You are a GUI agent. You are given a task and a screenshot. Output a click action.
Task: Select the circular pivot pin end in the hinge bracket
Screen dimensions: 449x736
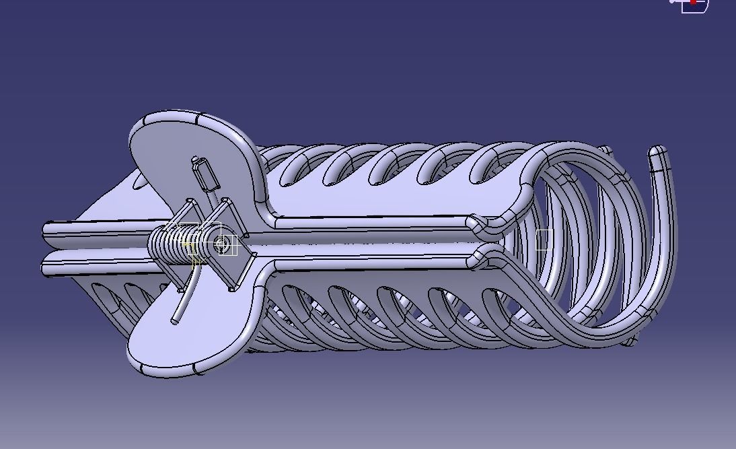[221, 245]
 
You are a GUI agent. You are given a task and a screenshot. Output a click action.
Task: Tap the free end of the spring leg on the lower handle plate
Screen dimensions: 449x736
[176, 321]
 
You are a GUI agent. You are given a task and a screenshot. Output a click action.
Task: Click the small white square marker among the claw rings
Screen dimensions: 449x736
[544, 240]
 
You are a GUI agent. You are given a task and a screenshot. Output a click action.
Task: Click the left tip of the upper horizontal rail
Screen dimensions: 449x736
[46, 230]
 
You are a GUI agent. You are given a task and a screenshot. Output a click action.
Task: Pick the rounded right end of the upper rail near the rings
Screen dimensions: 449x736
[475, 222]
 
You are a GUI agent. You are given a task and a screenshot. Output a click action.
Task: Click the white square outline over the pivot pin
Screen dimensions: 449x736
[228, 246]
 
